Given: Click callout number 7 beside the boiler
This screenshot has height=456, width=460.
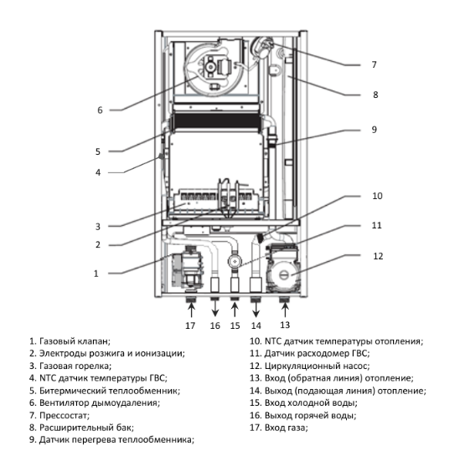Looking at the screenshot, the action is tap(374, 64).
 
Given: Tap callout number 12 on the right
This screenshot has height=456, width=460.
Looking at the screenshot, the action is tap(378, 256).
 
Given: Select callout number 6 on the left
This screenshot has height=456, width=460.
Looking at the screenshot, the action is tap(100, 110).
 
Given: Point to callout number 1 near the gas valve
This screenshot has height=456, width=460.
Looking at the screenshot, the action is tap(96, 274).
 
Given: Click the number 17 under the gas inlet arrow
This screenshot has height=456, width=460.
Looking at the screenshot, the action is tap(190, 325).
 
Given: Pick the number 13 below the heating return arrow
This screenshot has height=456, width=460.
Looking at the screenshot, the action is tap(285, 325).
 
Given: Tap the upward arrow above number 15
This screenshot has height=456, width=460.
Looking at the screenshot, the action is tap(235, 309).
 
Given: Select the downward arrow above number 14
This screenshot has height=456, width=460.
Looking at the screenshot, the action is tap(256, 309).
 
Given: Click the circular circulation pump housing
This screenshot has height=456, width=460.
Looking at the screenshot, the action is tap(283, 274).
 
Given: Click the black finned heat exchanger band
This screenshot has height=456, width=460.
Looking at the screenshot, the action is tap(216, 121).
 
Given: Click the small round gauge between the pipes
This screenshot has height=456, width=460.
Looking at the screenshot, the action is tap(235, 261).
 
